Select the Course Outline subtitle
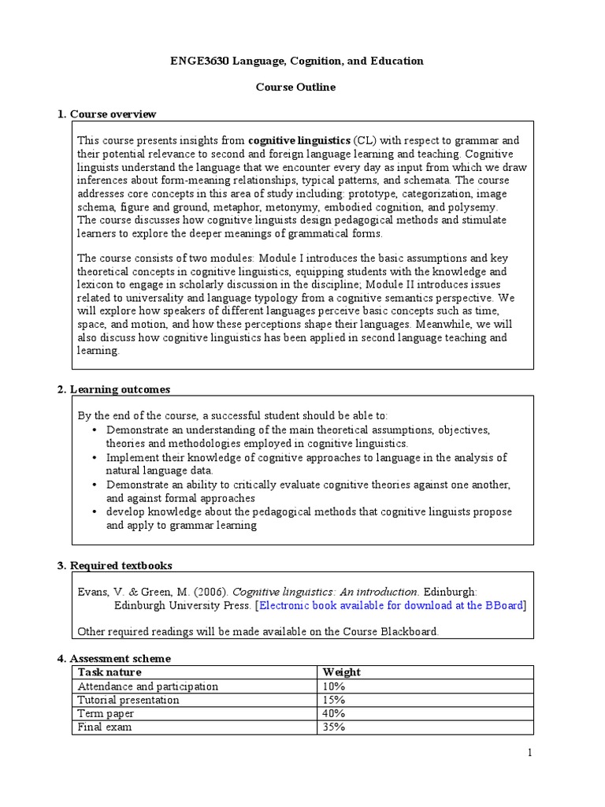295,87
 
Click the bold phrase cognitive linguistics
299,140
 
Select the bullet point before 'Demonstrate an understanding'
95,430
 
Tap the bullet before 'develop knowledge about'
95,512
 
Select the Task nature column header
109,672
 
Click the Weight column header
342,672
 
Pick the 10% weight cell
334,686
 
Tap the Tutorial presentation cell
128,700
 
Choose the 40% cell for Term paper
334,713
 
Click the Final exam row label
105,727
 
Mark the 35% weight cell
334,727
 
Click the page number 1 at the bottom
530,753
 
